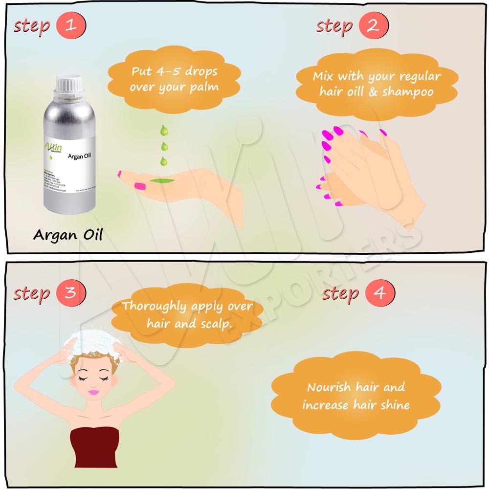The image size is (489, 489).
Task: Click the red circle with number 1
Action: click(x=71, y=25)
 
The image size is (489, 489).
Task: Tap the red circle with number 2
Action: click(x=373, y=25)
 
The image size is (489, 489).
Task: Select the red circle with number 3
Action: click(x=71, y=293)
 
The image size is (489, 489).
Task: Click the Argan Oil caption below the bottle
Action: click(x=68, y=235)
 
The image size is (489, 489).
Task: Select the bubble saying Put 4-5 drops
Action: click(x=174, y=79)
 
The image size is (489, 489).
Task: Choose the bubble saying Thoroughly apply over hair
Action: click(x=187, y=314)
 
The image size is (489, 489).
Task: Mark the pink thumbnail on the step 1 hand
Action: click(x=140, y=186)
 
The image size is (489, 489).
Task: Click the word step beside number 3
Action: click(x=32, y=293)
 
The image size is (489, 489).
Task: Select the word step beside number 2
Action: click(x=334, y=25)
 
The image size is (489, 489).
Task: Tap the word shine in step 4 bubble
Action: click(x=394, y=405)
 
